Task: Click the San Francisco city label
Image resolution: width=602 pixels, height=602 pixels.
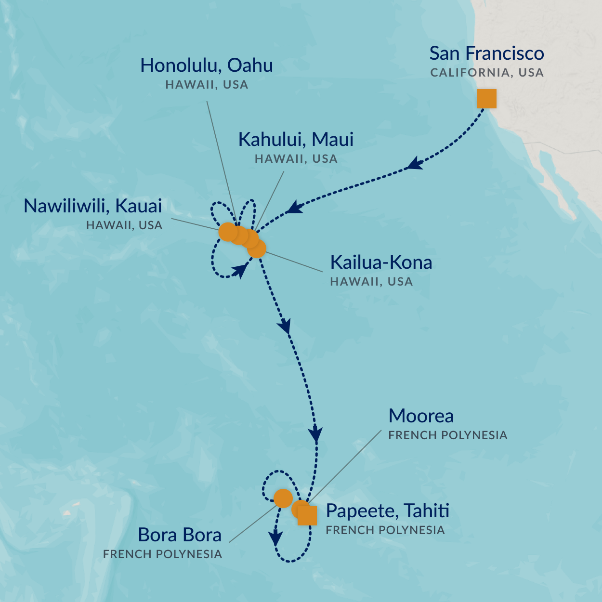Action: [x=486, y=53]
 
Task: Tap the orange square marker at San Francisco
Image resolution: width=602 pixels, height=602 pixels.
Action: [x=486, y=99]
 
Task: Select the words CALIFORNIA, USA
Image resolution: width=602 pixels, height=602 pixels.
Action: [x=486, y=73]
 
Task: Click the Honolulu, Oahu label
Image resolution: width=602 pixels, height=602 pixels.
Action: [x=207, y=65]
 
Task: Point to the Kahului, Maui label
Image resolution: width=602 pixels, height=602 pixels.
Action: [x=296, y=140]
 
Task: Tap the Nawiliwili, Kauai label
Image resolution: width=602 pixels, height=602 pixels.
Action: [x=93, y=206]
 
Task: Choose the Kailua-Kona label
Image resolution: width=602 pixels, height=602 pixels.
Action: [x=380, y=262]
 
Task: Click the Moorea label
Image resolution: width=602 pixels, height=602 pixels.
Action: [x=421, y=416]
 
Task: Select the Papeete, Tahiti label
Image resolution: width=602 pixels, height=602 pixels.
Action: [x=388, y=511]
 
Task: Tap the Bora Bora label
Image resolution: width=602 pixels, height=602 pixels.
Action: [x=180, y=535]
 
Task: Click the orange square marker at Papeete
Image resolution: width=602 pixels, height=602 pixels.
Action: [x=307, y=516]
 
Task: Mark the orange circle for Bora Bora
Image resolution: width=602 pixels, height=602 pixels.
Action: [x=283, y=498]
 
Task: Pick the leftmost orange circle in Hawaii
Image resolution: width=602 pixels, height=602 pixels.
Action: [x=227, y=232]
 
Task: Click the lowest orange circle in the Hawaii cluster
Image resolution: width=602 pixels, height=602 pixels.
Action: [x=257, y=249]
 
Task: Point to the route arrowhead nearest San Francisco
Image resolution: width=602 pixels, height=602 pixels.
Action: [x=414, y=164]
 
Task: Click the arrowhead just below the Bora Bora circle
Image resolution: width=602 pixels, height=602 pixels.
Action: [x=275, y=537]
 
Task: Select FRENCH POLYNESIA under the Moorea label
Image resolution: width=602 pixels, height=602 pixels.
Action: [x=447, y=435]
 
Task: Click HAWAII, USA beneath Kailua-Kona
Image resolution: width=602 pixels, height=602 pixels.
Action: [x=371, y=282]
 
